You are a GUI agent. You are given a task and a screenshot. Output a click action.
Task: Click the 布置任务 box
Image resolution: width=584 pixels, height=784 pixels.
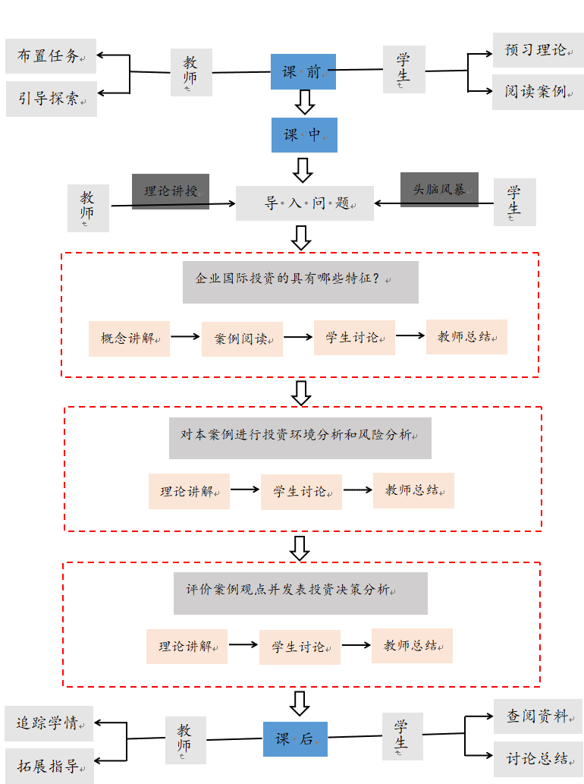click(51, 56)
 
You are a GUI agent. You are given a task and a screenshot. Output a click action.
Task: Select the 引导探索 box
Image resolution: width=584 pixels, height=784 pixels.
click(52, 99)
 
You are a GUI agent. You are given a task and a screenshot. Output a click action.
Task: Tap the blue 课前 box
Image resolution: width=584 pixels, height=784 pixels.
click(303, 72)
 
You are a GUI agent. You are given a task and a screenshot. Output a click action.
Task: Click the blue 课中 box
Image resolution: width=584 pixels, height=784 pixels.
click(304, 135)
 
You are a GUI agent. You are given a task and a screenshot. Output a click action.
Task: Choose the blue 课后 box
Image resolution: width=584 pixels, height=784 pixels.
click(295, 739)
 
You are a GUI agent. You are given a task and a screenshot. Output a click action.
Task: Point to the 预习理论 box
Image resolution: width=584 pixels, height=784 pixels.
click(538, 50)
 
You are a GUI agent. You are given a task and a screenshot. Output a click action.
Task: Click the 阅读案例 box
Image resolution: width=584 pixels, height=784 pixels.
click(538, 92)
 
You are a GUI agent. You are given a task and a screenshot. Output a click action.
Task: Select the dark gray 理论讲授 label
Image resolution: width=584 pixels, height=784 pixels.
click(171, 190)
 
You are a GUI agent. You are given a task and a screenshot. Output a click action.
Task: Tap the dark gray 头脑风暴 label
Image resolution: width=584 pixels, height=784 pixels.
click(439, 189)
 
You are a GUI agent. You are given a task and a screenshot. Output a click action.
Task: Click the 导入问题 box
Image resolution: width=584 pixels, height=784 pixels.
click(305, 203)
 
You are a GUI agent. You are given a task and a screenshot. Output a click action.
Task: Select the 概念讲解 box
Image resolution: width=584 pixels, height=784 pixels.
click(129, 338)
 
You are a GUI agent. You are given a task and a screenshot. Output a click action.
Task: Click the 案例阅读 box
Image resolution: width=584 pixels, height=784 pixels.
click(242, 339)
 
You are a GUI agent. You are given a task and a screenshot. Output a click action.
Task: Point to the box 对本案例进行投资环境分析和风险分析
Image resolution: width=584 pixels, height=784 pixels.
click(300, 438)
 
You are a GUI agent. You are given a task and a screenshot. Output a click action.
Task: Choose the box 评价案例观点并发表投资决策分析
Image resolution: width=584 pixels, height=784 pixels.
click(300, 593)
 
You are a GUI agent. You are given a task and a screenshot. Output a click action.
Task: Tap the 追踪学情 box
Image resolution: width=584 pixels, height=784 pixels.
click(49, 723)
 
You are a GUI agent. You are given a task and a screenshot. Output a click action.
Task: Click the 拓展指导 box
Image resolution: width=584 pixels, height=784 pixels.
click(49, 766)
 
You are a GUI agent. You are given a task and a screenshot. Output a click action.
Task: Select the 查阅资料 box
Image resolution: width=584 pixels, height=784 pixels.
click(538, 716)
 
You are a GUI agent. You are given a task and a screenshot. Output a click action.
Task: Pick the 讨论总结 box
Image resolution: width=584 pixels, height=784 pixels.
click(538, 758)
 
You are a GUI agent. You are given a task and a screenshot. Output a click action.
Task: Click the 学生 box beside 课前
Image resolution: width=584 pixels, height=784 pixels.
click(403, 70)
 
